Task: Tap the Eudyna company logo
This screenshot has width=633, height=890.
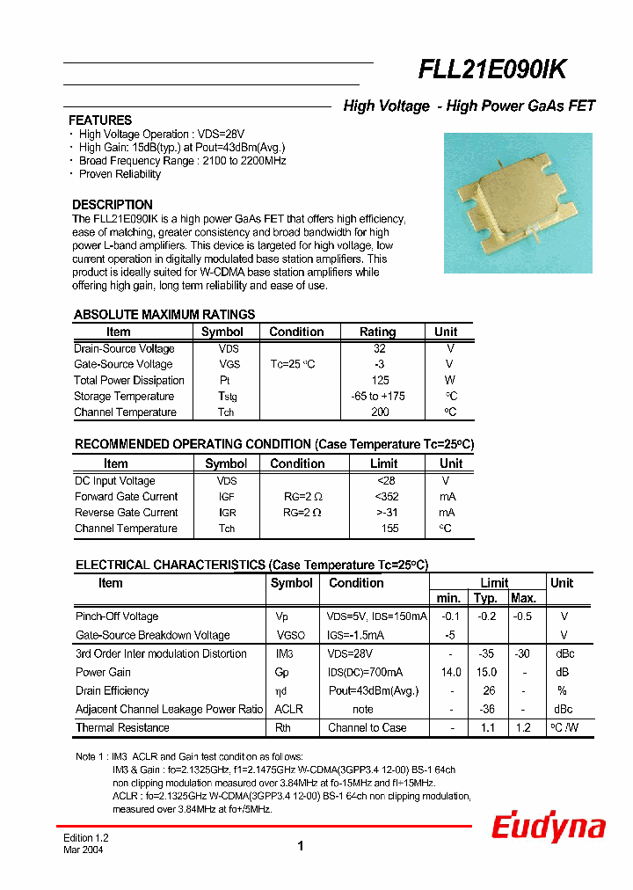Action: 548,828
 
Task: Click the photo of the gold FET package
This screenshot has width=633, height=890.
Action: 518,202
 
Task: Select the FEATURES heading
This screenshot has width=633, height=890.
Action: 100,120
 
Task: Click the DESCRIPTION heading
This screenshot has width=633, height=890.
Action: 113,205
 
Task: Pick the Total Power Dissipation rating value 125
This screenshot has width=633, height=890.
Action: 380,381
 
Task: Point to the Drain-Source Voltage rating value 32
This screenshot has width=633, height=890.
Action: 379,349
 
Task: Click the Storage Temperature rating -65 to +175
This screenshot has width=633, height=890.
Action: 378,397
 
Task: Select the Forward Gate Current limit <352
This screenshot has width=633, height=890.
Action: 387,497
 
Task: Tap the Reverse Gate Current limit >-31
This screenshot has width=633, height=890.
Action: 387,513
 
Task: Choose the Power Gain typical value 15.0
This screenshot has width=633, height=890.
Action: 486,673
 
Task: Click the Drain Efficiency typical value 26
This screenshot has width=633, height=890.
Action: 489,691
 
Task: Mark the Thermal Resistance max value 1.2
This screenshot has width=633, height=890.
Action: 523,728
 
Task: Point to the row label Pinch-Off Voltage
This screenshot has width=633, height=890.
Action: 117,616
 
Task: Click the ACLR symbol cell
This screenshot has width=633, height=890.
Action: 288,710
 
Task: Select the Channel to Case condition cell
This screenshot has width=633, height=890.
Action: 367,728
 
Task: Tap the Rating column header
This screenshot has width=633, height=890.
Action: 378,332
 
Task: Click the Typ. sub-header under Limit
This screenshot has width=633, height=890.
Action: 486,599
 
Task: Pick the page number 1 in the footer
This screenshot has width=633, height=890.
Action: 300,846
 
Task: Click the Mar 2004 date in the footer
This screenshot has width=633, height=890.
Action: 84,850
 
